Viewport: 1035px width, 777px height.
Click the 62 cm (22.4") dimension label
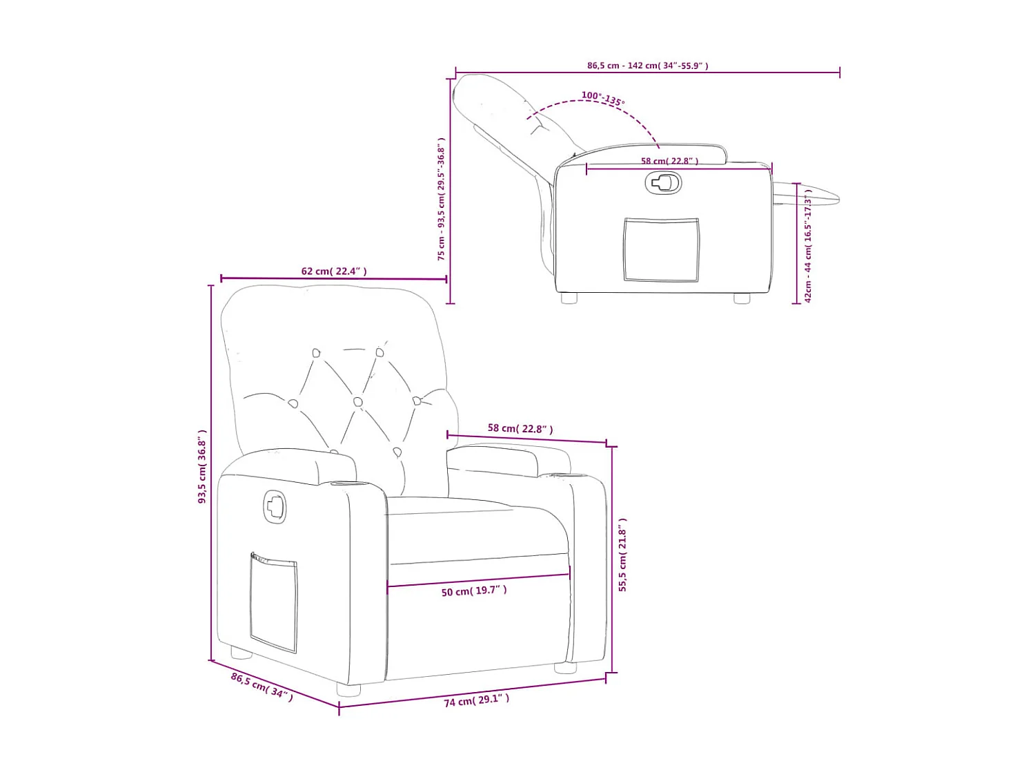pyautogui.click(x=334, y=271)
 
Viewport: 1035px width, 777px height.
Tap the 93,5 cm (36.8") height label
pyautogui.click(x=202, y=466)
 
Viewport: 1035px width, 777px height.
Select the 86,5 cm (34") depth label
pyautogui.click(x=262, y=687)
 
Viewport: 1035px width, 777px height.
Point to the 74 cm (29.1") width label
pyautogui.click(x=476, y=700)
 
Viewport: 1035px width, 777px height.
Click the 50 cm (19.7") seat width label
pyautogui.click(x=474, y=591)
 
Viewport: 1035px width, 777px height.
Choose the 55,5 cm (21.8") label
pyautogui.click(x=622, y=555)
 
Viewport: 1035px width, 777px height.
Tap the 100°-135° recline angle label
pyautogui.click(x=602, y=98)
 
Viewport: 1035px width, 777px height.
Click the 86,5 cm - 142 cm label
pyautogui.click(x=647, y=66)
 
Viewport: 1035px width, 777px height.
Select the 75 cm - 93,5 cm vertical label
pyautogui.click(x=441, y=199)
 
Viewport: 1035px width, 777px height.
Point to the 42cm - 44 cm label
pyautogui.click(x=808, y=246)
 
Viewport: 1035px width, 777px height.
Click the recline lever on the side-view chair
pyautogui.click(x=663, y=183)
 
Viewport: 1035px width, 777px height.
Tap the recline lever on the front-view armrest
pyautogui.click(x=275, y=507)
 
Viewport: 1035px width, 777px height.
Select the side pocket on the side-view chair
pyautogui.click(x=661, y=250)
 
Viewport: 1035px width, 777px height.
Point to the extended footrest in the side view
pyautogui.click(x=807, y=194)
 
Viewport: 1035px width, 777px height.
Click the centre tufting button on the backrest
pyautogui.click(x=357, y=401)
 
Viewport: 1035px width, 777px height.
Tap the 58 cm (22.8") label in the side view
pyautogui.click(x=669, y=161)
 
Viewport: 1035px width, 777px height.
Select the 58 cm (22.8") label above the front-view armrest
pyautogui.click(x=520, y=429)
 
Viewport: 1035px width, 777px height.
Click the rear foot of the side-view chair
pyautogui.click(x=569, y=298)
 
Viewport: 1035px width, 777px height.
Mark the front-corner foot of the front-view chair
pyautogui.click(x=348, y=689)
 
